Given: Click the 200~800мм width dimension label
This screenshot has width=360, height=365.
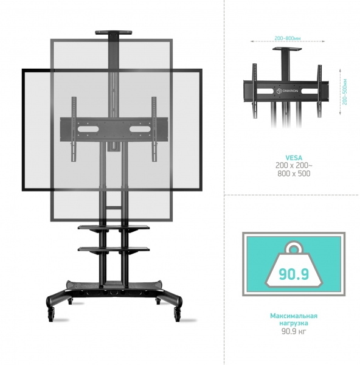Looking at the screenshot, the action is pyautogui.click(x=288, y=38).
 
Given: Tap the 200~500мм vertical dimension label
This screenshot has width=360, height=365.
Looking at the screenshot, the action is pyautogui.click(x=345, y=92).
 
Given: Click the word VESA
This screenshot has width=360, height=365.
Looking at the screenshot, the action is pyautogui.click(x=294, y=158).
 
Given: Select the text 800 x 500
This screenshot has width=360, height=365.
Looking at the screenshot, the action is pyautogui.click(x=294, y=173).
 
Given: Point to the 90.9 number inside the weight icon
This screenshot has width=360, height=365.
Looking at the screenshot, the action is pyautogui.click(x=294, y=274).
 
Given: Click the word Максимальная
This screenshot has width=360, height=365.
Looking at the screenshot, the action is pyautogui.click(x=294, y=316).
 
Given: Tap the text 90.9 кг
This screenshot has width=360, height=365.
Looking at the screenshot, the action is pyautogui.click(x=294, y=331).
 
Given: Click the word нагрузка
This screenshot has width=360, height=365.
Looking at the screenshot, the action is pyautogui.click(x=294, y=323).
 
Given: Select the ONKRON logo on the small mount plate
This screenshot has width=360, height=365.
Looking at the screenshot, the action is pyautogui.click(x=287, y=91).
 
